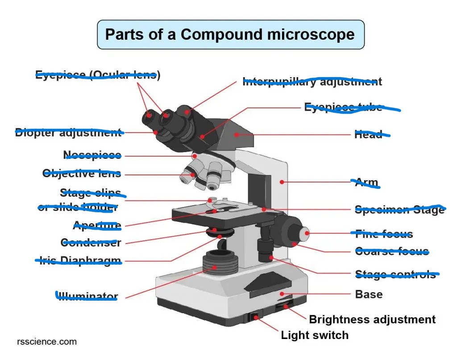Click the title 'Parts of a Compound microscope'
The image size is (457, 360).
tap(230, 34)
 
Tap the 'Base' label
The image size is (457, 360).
tap(369, 294)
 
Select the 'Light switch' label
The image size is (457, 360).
tap(314, 335)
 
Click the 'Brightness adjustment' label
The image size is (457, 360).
tap(372, 319)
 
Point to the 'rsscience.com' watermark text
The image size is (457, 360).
tap(46, 342)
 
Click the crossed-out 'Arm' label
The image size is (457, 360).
tap(366, 182)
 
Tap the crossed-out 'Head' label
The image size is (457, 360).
tap(369, 134)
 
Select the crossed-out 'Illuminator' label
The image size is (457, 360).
tap(88, 296)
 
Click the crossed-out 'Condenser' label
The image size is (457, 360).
tap(91, 243)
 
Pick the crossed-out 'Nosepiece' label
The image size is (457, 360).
tap(92, 155)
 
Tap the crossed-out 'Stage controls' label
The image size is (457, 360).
tap(395, 274)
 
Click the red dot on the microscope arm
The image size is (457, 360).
tap(282, 182)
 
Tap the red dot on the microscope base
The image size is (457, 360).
tap(282, 294)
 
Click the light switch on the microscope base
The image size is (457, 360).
tap(255, 317)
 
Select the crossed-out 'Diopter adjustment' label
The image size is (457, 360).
tap(68, 132)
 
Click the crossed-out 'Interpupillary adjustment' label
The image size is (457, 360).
tap(312, 82)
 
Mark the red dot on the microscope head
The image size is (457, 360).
tap(237, 134)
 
